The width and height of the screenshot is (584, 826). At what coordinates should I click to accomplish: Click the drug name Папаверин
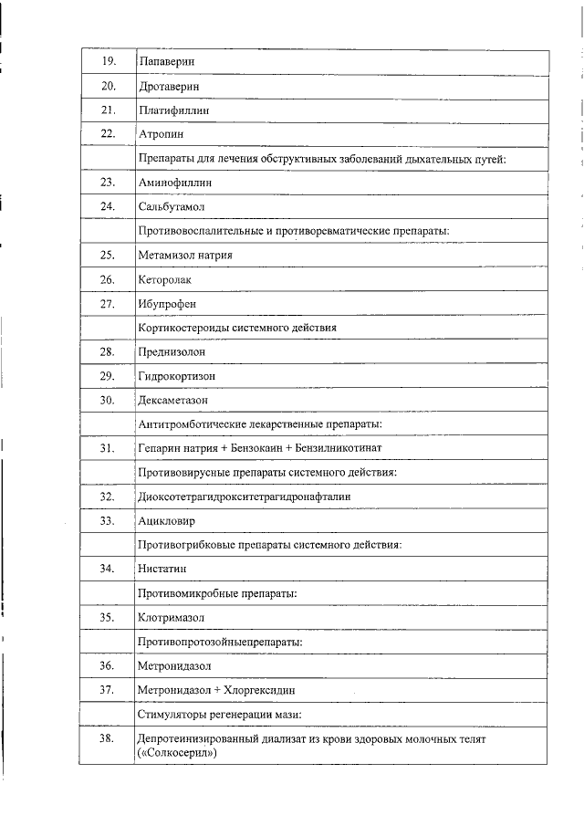click(168, 61)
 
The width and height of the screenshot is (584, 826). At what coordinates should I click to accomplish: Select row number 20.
click(107, 86)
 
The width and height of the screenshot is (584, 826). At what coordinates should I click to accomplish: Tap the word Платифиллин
click(174, 110)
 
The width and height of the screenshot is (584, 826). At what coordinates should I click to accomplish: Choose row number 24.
click(107, 206)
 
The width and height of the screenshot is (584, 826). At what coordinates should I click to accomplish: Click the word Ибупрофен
click(167, 303)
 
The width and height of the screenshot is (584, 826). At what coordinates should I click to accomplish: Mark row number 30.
click(107, 400)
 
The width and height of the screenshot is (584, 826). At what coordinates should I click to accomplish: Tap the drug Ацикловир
click(166, 520)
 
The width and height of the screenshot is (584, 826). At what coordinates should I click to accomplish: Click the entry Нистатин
click(162, 569)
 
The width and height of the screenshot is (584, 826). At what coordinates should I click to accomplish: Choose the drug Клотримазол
click(171, 617)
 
